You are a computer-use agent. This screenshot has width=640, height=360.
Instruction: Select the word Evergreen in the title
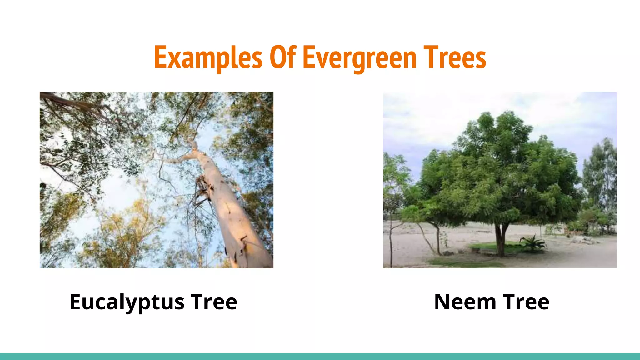pos(360,58)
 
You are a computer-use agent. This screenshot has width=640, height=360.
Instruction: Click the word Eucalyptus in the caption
pos(127,302)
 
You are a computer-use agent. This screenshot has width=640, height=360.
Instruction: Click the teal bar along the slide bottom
pos(320,357)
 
